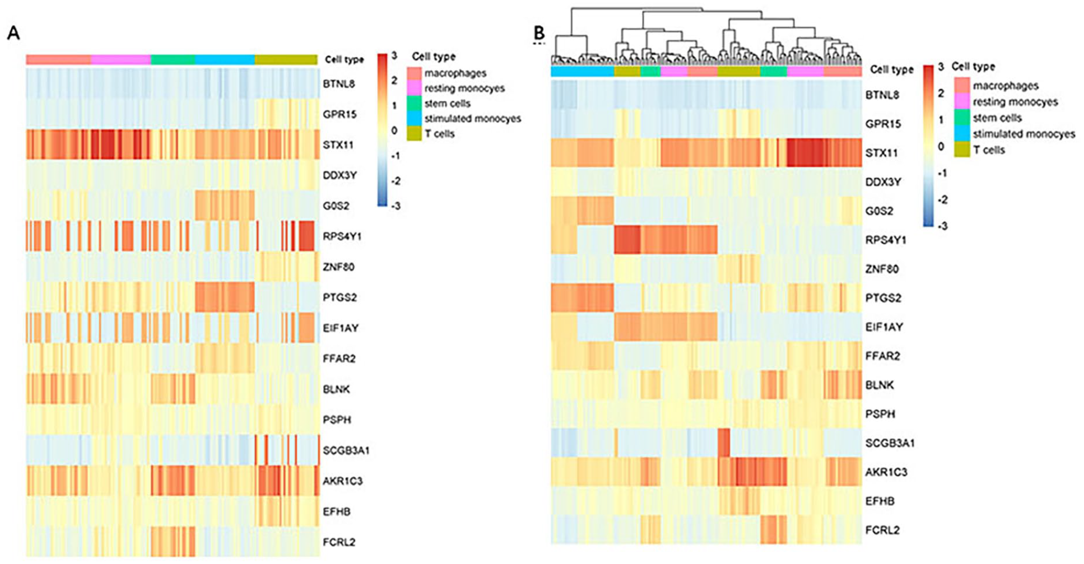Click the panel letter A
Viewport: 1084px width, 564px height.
(x=13, y=33)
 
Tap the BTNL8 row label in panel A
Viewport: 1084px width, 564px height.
(x=339, y=84)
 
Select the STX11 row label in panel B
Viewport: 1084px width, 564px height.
(x=881, y=152)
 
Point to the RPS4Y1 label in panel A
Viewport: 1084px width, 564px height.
(x=342, y=236)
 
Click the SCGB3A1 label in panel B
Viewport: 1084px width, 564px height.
(x=890, y=443)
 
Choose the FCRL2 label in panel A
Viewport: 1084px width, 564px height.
(x=339, y=542)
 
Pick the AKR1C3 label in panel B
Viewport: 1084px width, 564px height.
(x=886, y=472)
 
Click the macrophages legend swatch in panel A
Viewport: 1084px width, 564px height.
(x=415, y=73)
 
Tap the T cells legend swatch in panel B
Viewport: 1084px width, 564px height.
(x=962, y=150)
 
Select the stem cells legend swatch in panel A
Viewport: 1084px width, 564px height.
(x=415, y=103)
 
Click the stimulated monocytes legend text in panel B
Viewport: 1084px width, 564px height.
(x=1024, y=134)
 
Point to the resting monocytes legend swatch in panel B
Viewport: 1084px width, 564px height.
(x=962, y=102)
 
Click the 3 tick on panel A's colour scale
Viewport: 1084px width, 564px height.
(x=394, y=56)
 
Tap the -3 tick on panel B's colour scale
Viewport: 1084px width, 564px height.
(x=942, y=225)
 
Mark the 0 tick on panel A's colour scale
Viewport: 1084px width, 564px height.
(x=394, y=130)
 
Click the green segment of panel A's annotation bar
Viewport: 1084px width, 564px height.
(x=173, y=60)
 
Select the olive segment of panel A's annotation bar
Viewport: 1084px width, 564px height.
(x=286, y=60)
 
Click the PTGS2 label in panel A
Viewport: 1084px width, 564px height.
(x=340, y=297)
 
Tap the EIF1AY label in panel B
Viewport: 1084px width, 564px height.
(x=884, y=327)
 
